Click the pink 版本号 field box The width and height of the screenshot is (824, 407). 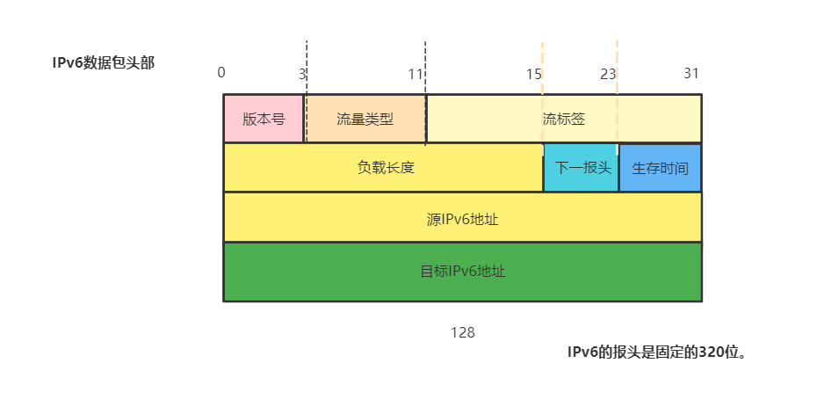(x=264, y=119)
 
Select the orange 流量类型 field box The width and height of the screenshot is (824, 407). (x=365, y=119)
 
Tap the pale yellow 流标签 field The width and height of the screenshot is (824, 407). (x=564, y=119)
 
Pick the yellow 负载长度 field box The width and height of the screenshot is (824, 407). (x=385, y=168)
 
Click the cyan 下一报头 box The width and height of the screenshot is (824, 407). (x=581, y=168)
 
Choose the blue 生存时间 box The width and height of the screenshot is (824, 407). (x=660, y=168)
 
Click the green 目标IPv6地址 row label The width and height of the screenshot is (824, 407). (x=462, y=271)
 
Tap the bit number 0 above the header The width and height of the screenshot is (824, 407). (x=221, y=72)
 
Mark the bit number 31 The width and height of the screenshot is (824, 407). (x=691, y=72)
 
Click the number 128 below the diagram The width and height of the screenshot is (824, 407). (x=462, y=332)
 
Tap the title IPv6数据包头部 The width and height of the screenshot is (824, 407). (x=103, y=62)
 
